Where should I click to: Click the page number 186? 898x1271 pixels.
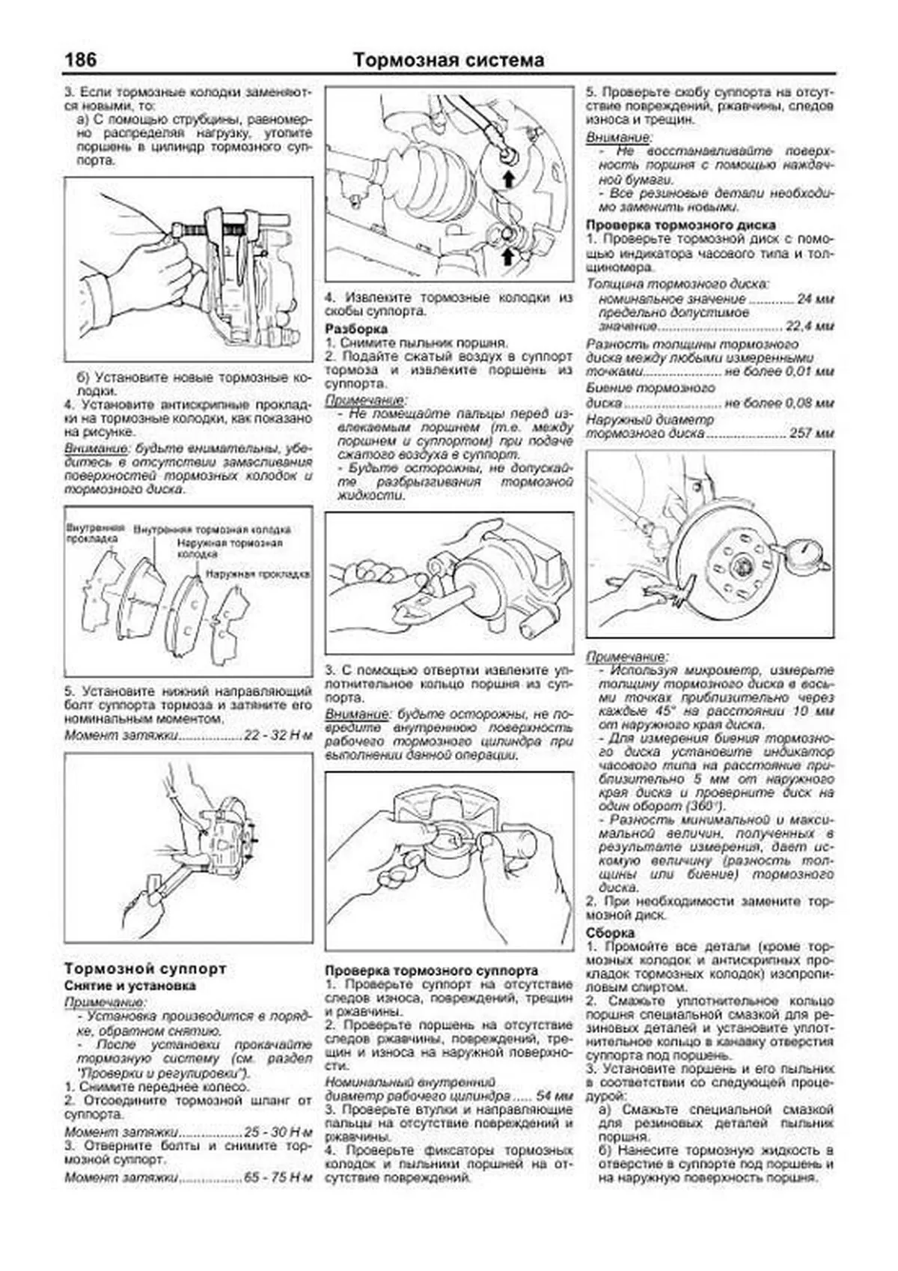coord(81,59)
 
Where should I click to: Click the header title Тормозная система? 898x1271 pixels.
coord(448,60)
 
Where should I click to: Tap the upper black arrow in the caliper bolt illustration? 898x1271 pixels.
coord(508,178)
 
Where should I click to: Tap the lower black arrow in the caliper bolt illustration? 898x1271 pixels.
coord(508,257)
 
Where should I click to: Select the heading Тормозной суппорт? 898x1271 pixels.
coord(145,968)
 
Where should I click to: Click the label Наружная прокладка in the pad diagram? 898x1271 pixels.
coord(257,574)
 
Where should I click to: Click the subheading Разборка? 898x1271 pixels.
coord(356,329)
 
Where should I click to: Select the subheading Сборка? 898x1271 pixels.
coord(610,933)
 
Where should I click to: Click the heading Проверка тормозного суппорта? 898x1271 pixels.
coord(431,971)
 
